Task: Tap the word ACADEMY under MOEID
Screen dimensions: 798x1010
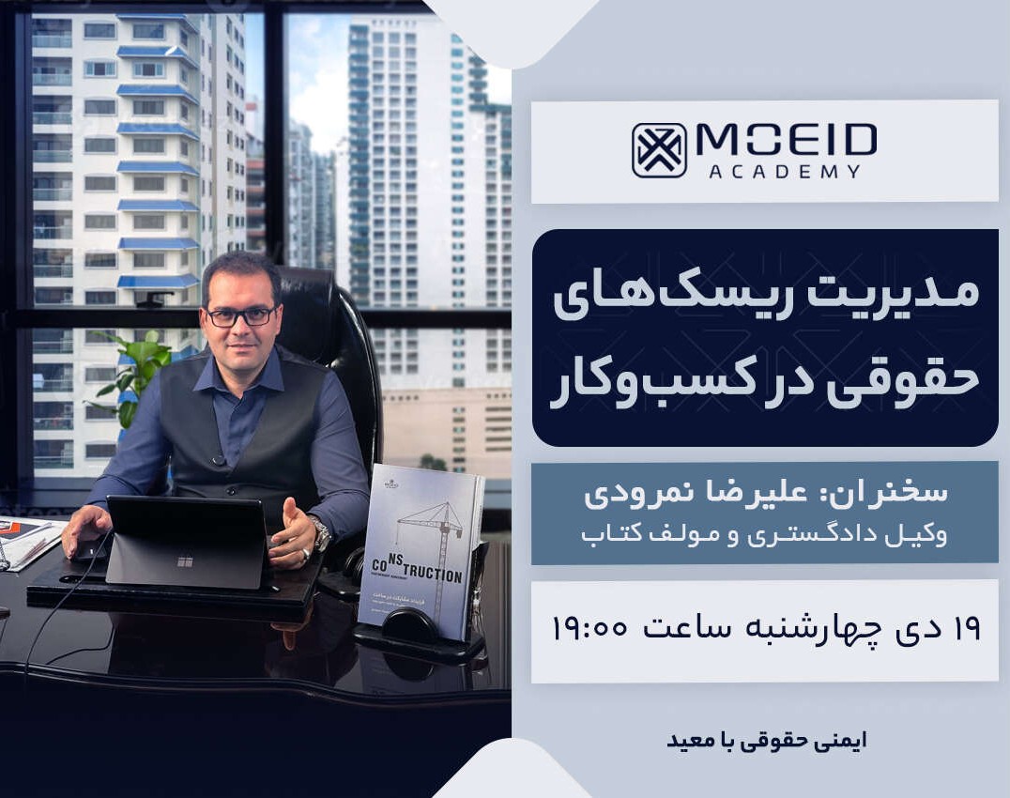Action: (x=785, y=171)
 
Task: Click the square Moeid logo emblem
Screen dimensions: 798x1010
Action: (x=659, y=150)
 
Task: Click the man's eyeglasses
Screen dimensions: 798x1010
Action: (x=240, y=316)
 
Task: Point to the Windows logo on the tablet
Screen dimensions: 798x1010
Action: (x=184, y=561)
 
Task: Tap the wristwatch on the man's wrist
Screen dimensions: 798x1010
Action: (x=322, y=532)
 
